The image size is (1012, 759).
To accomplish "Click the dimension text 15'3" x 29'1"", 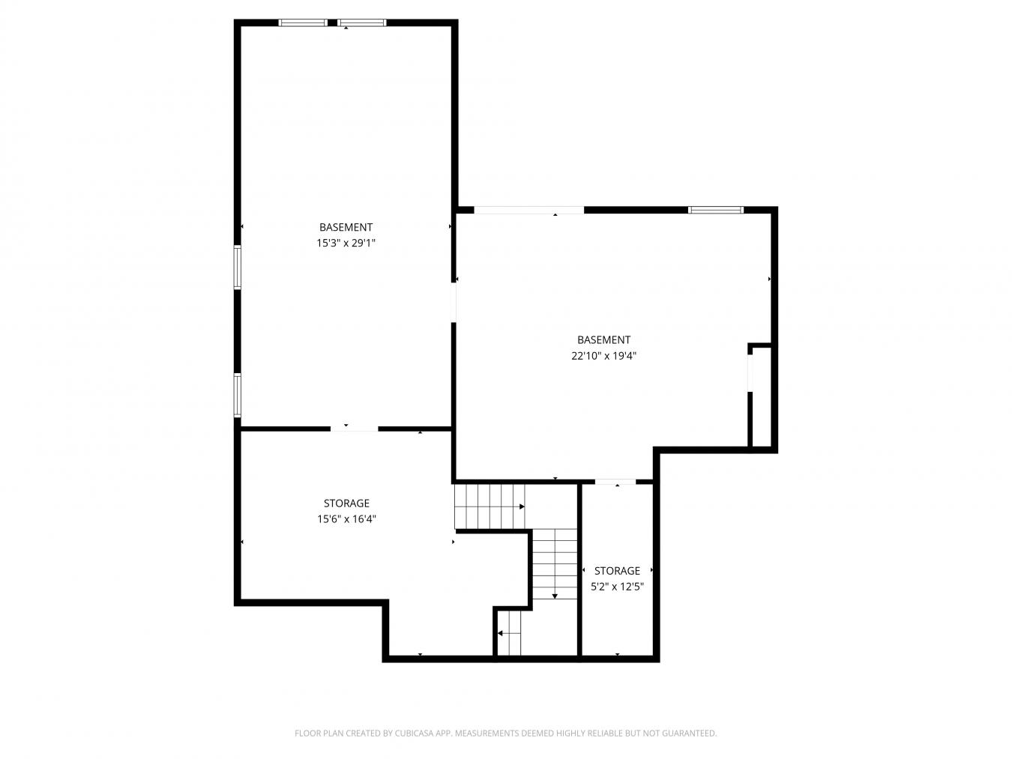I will (x=346, y=243).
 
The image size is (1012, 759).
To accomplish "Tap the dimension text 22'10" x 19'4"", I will (x=603, y=356).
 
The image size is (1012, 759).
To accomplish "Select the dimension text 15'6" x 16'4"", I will (x=346, y=518).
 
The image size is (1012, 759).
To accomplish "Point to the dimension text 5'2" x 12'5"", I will (x=617, y=587).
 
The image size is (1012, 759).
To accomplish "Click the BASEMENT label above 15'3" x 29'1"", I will (x=346, y=227).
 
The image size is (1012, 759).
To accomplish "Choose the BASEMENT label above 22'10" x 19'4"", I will (x=603, y=340).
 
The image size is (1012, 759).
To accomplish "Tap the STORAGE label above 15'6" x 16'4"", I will (x=346, y=503).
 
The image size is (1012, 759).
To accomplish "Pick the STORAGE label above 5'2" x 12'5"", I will (x=617, y=571).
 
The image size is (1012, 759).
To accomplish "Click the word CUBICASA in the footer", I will (x=416, y=734).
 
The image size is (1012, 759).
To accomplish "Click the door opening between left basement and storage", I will (x=354, y=429).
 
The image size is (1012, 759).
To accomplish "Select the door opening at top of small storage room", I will (x=615, y=481).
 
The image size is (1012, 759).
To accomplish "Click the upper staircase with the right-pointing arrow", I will (x=489, y=506).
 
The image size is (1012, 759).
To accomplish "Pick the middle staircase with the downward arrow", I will (x=555, y=563).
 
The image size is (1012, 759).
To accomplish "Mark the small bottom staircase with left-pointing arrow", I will (x=510, y=633).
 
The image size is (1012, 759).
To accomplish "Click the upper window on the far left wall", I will (x=237, y=267).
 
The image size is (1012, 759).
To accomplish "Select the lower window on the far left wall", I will (x=237, y=396).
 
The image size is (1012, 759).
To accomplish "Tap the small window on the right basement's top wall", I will (x=716, y=210).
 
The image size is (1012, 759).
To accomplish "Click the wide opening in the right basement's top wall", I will (x=529, y=210).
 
